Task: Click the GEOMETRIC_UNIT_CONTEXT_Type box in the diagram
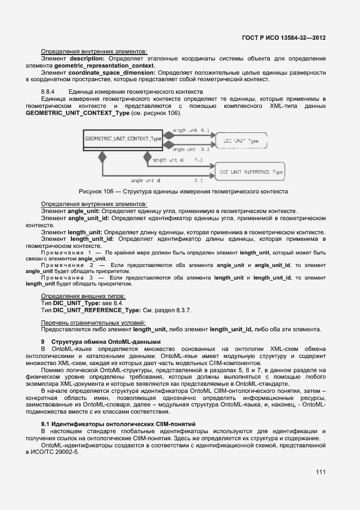pyautogui.click(x=124, y=139)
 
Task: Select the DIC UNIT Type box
pyautogui.click(x=241, y=141)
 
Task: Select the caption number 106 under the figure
pyautogui.click(x=111, y=191)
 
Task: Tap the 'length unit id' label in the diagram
pyautogui.click(x=168, y=160)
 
